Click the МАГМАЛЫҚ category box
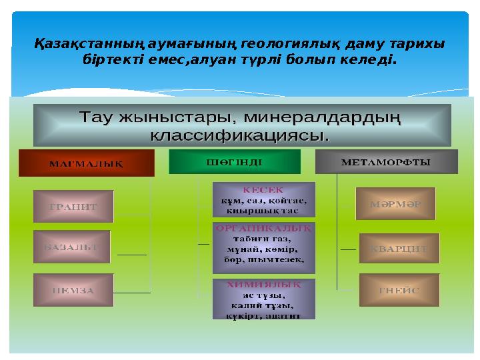click(86, 163)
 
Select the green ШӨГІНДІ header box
click(235, 161)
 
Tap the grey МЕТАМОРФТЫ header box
click(385, 161)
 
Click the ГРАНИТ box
click(73, 207)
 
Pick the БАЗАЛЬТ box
click(71, 247)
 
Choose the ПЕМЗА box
click(73, 290)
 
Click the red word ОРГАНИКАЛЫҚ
click(263, 227)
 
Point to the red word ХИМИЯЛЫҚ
click(263, 283)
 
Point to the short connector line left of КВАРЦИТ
click(348, 249)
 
